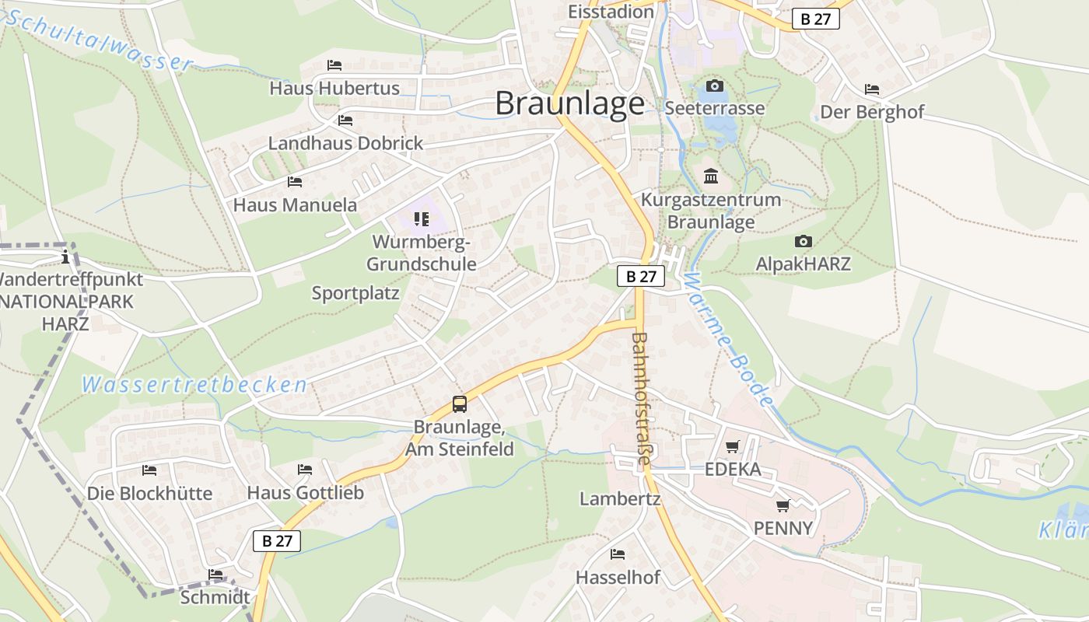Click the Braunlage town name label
[569, 104]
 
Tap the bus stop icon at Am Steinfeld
[460, 404]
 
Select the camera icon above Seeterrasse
[714, 86]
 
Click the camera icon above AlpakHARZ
[803, 242]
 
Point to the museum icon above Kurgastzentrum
[710, 176]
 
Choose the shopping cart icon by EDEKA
[732, 447]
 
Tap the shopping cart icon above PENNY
[783, 505]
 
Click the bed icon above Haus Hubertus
[334, 65]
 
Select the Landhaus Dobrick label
[345, 143]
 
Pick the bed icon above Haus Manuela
[295, 182]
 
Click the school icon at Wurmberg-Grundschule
[422, 219]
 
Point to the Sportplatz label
[355, 293]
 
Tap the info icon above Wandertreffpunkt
[66, 256]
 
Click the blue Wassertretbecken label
[194, 385]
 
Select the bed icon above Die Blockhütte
[149, 470]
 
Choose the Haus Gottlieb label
[305, 493]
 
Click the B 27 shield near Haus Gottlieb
[277, 541]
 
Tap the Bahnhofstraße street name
[641, 399]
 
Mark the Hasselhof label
[618, 578]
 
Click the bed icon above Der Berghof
[872, 89]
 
